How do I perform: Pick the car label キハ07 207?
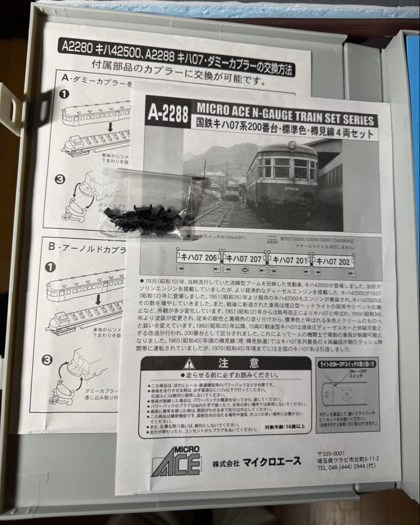(244, 258)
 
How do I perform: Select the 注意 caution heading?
(239, 363)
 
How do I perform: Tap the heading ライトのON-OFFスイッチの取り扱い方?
(349, 363)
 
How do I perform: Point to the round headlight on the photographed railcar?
(292, 144)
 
